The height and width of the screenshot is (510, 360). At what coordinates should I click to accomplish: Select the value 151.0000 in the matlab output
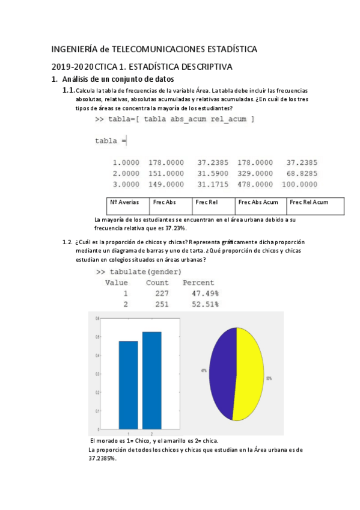pos(165,173)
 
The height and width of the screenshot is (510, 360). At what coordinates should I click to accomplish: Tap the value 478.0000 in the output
pos(255,184)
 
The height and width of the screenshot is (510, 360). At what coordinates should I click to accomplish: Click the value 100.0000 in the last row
pos(299,184)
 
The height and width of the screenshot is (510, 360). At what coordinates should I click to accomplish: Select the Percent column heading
pos(198,283)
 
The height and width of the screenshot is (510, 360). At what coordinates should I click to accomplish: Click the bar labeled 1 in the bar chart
pos(128,385)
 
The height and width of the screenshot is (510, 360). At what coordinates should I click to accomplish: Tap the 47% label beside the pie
pos(204,371)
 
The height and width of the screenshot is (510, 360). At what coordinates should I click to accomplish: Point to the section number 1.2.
pos(67,242)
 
